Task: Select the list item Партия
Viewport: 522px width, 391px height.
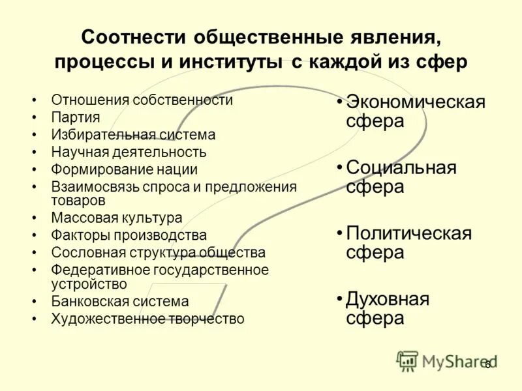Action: [76, 117]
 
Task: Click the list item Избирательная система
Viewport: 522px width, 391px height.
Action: [134, 135]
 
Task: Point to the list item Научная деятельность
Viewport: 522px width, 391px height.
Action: [129, 152]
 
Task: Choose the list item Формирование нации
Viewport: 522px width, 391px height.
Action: [125, 169]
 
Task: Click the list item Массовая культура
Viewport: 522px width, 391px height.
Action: [117, 218]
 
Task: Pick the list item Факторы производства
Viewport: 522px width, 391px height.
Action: [129, 235]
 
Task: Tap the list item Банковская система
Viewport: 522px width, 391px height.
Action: [120, 302]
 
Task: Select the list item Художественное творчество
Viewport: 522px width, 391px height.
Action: [148, 319]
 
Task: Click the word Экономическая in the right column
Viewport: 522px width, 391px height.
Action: [416, 102]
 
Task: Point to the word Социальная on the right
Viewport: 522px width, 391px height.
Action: [401, 167]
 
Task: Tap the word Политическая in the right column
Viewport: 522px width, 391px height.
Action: [408, 233]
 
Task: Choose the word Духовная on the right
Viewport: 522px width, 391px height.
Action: [388, 299]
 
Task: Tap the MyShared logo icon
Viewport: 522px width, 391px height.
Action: [407, 360]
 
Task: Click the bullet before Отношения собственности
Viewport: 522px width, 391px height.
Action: [34, 100]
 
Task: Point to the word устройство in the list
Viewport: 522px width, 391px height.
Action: [89, 284]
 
